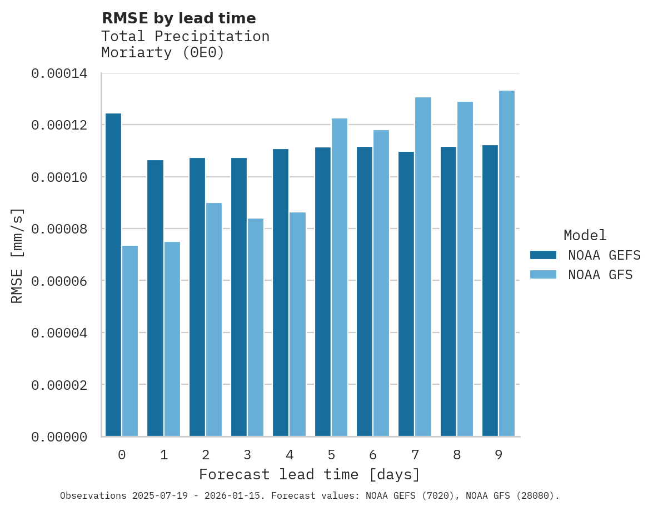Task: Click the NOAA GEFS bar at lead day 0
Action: (113, 275)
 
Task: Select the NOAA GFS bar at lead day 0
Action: (130, 341)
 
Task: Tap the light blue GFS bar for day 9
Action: (507, 264)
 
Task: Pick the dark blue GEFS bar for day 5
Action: (323, 292)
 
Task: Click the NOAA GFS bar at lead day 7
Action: (423, 267)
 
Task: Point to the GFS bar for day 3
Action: (256, 328)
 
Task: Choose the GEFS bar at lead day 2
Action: (197, 297)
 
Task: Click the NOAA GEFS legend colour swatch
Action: (543, 255)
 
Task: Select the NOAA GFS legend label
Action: (600, 275)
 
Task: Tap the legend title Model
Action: (585, 235)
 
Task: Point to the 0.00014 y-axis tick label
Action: (59, 73)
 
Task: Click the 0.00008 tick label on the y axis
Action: (59, 229)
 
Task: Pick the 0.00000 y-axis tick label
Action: (59, 438)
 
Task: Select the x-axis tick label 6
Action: (373, 455)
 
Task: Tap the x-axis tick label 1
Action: (164, 455)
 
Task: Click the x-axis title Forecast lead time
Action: (310, 475)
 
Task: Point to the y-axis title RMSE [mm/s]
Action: (17, 256)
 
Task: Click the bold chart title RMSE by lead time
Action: (179, 18)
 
